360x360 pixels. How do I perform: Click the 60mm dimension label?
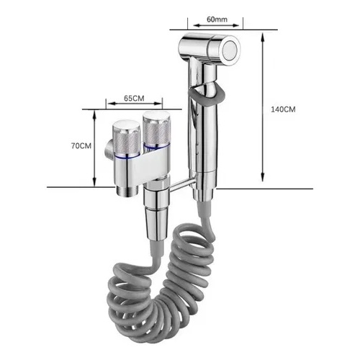(217, 19)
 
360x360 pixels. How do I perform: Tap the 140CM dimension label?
(283, 109)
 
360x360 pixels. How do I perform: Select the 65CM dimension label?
(134, 99)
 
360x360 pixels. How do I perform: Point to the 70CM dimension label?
(81, 145)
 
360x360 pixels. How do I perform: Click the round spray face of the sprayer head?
(231, 51)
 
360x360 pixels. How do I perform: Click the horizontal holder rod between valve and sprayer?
(183, 185)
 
